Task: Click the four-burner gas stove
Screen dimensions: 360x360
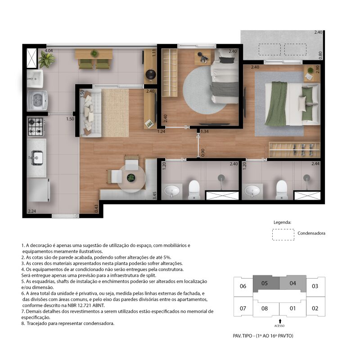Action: click(x=36, y=126)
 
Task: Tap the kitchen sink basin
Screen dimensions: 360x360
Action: click(x=37, y=157)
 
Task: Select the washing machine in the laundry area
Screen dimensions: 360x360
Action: click(x=37, y=100)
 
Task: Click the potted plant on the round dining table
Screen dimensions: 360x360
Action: click(x=131, y=177)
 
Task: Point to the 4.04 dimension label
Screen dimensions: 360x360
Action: click(x=49, y=50)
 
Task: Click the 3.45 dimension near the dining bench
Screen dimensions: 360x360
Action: click(x=154, y=195)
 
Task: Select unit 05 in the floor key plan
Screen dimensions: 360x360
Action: click(x=265, y=283)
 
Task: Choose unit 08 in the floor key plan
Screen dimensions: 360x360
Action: click(x=265, y=308)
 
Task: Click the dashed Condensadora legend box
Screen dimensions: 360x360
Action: click(x=283, y=234)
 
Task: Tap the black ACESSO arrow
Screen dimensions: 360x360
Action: click(x=280, y=321)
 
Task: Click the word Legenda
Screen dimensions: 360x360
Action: click(x=282, y=222)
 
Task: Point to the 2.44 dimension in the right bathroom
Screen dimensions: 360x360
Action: click(x=315, y=164)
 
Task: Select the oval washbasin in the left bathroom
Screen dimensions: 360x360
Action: click(x=172, y=190)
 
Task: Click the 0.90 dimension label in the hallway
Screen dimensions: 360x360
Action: click(x=202, y=153)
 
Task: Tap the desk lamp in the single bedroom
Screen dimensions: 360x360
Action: click(x=202, y=57)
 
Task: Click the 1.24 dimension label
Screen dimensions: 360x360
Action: click(x=161, y=131)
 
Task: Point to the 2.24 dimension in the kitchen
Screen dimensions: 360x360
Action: click(x=32, y=211)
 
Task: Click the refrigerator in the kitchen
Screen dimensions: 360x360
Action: click(x=38, y=189)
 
